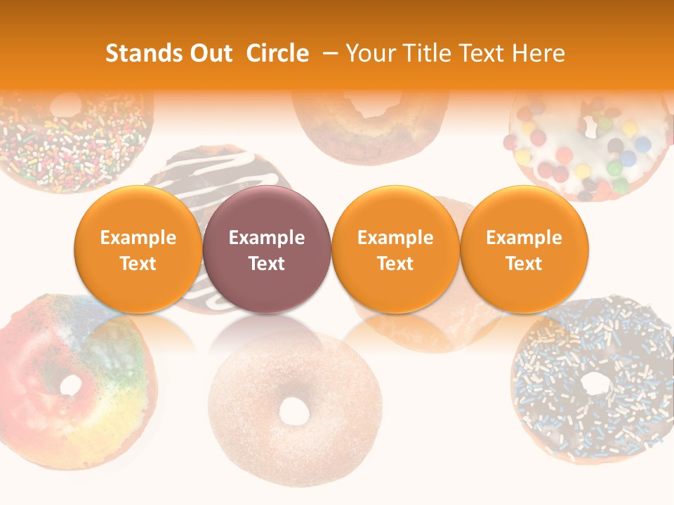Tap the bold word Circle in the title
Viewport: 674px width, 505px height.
pos(277,53)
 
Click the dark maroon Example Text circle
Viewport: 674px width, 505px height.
pos(267,249)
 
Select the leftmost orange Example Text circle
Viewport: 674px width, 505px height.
pos(138,249)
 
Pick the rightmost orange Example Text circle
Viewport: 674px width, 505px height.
pos(524,249)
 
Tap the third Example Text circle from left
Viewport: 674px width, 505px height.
pos(395,249)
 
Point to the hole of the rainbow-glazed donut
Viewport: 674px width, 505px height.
pos(71,384)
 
